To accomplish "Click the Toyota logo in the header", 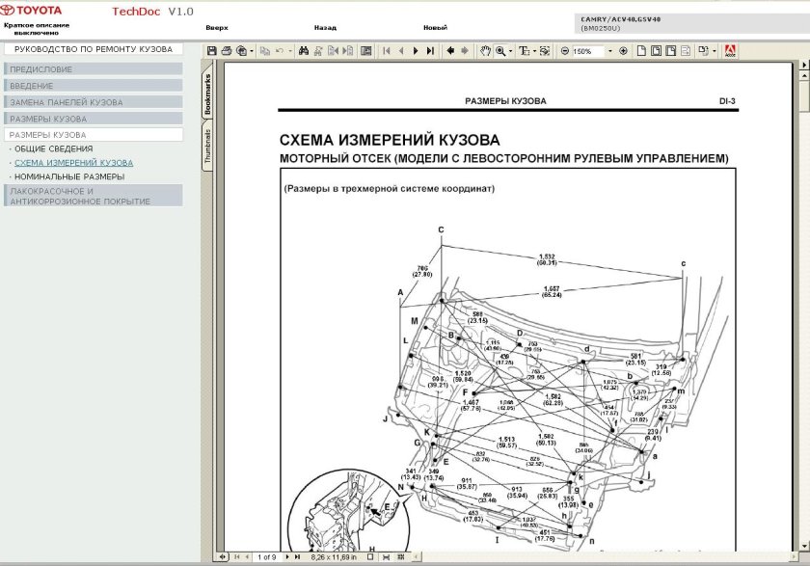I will (31, 10).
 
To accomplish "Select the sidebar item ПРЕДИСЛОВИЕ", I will (41, 69).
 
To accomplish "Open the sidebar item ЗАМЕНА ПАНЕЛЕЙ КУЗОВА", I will (67, 102).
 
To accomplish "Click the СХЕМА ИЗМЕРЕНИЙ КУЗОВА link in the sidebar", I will (74, 163).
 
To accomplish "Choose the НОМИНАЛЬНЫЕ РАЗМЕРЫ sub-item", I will (69, 176).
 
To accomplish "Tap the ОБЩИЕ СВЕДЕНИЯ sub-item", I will (54, 149).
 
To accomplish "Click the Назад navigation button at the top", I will (325, 28).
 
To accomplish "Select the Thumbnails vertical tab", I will (207, 146).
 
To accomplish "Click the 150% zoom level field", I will (587, 51).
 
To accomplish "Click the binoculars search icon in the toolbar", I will (304, 51).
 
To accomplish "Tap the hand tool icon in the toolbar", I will (486, 51).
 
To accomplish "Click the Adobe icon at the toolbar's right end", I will (730, 51).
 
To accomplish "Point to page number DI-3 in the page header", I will (727, 100).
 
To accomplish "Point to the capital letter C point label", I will (441, 229).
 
